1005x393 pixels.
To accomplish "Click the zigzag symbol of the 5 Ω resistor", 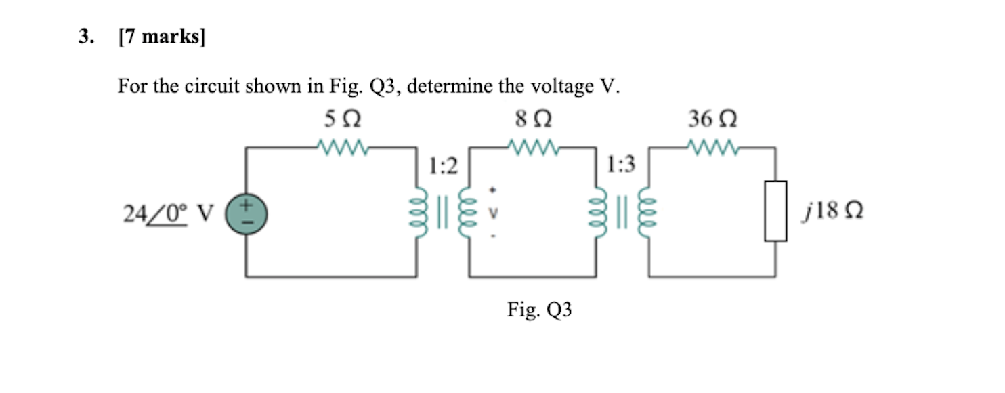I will click(342, 146).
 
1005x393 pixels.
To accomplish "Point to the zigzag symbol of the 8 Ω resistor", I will click(533, 146).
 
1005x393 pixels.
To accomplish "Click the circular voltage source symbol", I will click(246, 213).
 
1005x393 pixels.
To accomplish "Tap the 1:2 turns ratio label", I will click(443, 165).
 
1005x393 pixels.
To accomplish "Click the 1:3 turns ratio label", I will click(622, 165).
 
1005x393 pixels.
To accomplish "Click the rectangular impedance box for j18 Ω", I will click(775, 211).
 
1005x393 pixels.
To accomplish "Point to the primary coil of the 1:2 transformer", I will click(418, 213).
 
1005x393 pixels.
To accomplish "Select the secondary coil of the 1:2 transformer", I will click(468, 213).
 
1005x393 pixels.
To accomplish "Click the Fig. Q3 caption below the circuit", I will click(540, 310).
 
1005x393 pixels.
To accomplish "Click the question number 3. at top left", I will click(85, 38).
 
